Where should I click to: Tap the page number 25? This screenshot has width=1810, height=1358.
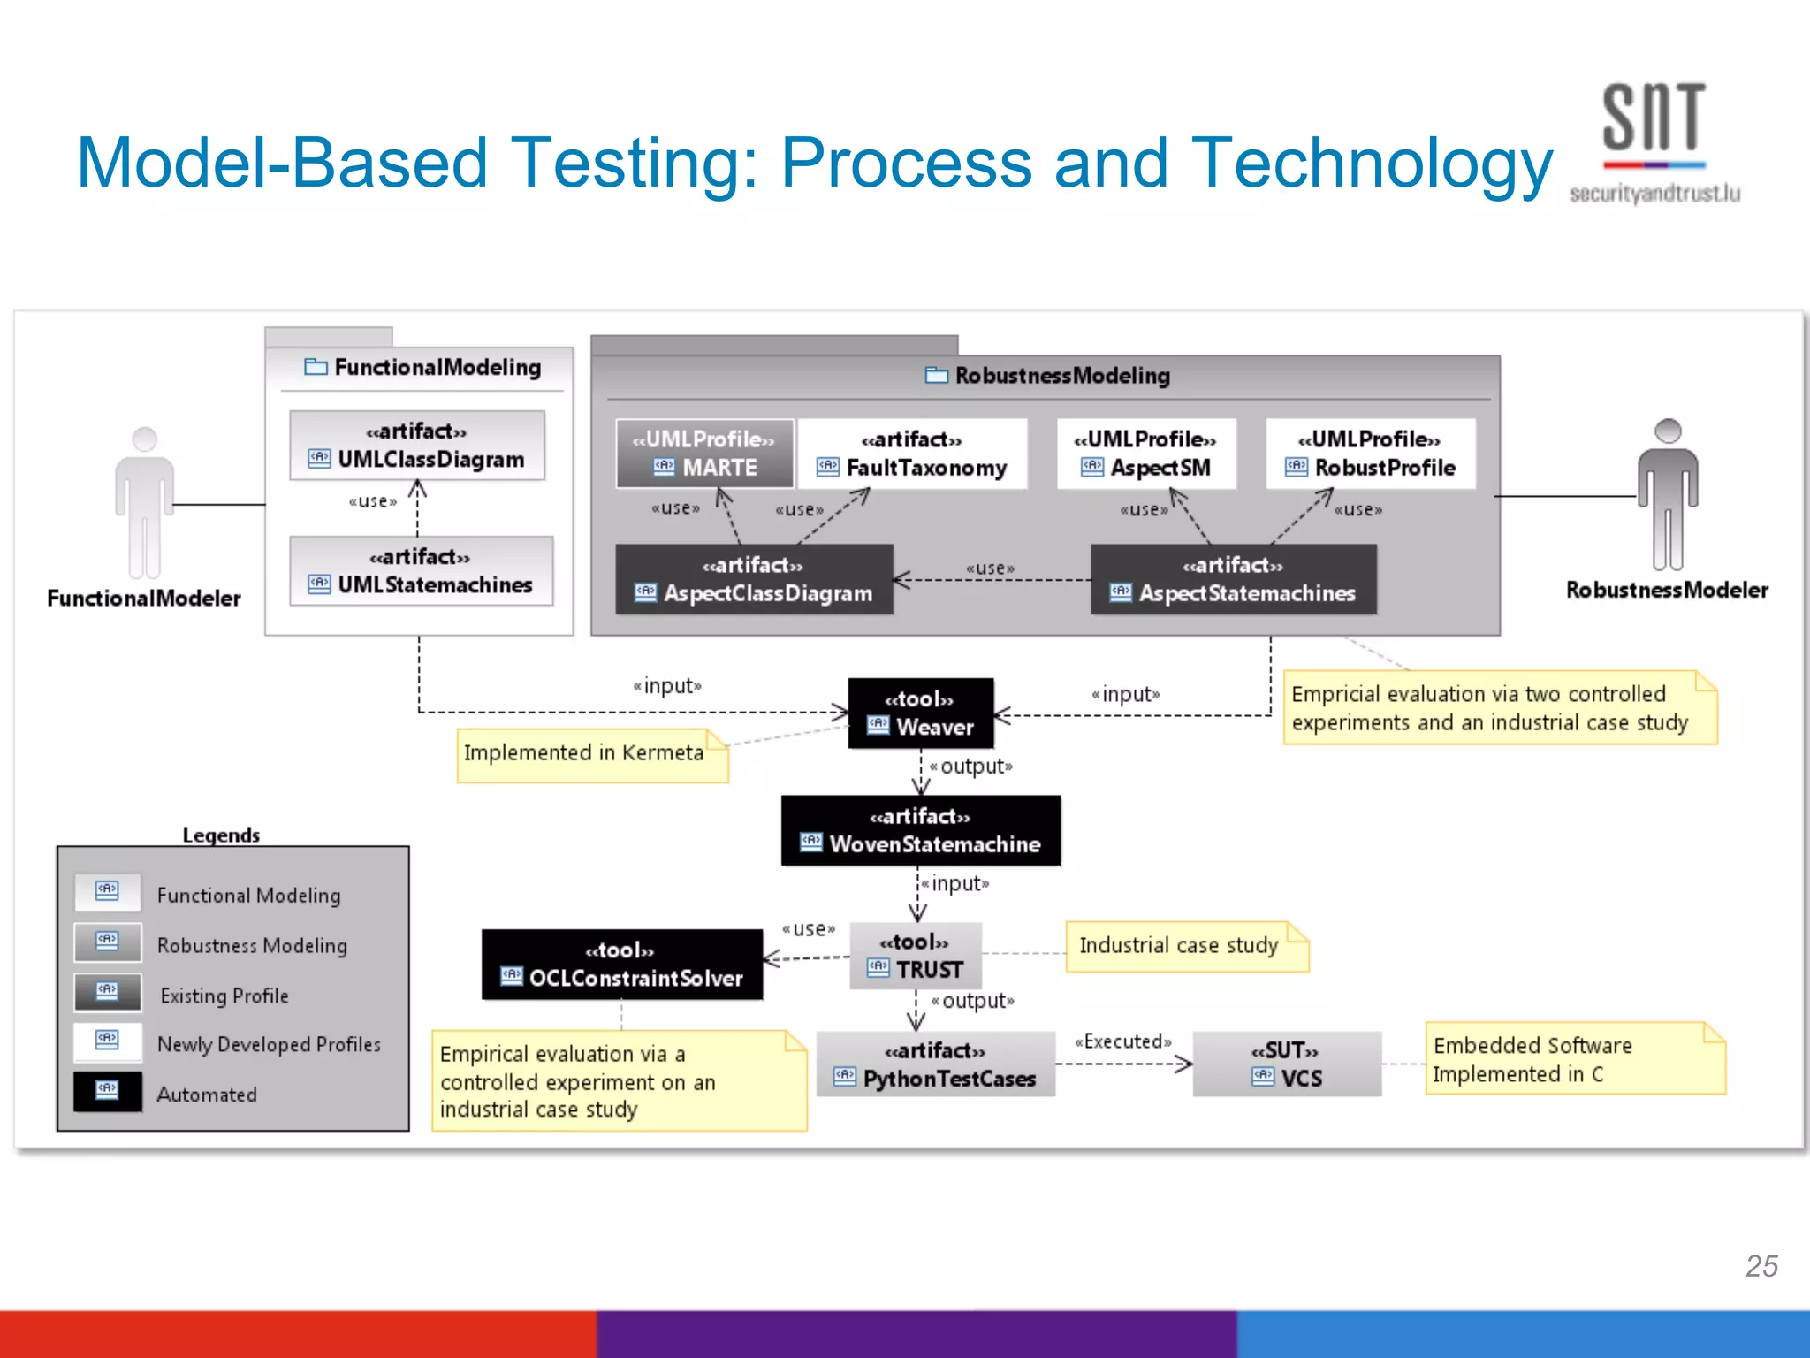click(1761, 1266)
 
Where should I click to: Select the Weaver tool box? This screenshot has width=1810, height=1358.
click(920, 713)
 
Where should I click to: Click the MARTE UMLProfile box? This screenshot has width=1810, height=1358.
click(704, 454)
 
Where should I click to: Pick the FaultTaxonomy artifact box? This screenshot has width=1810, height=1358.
click(912, 454)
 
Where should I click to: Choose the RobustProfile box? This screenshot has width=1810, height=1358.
click(1370, 454)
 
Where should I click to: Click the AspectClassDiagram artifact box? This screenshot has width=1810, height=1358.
click(754, 579)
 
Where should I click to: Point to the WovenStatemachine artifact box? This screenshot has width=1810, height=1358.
click(920, 830)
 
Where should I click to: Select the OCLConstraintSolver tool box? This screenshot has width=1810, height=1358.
click(621, 965)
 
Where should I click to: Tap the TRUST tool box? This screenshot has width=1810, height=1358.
click(916, 956)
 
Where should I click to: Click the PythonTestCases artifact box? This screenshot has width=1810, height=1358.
click(935, 1064)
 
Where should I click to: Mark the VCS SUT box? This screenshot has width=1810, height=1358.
click(1286, 1064)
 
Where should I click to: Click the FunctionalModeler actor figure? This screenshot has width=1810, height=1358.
click(144, 504)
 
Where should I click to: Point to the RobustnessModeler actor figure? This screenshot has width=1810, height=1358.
click(1667, 495)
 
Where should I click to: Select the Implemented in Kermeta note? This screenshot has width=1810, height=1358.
click(591, 754)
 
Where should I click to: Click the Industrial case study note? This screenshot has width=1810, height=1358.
click(1185, 946)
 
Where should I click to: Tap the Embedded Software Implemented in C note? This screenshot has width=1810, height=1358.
click(1573, 1059)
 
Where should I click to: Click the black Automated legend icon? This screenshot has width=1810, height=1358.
click(108, 1091)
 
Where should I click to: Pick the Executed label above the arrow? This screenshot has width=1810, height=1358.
click(1122, 1041)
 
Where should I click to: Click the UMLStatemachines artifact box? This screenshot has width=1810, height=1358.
click(421, 571)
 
